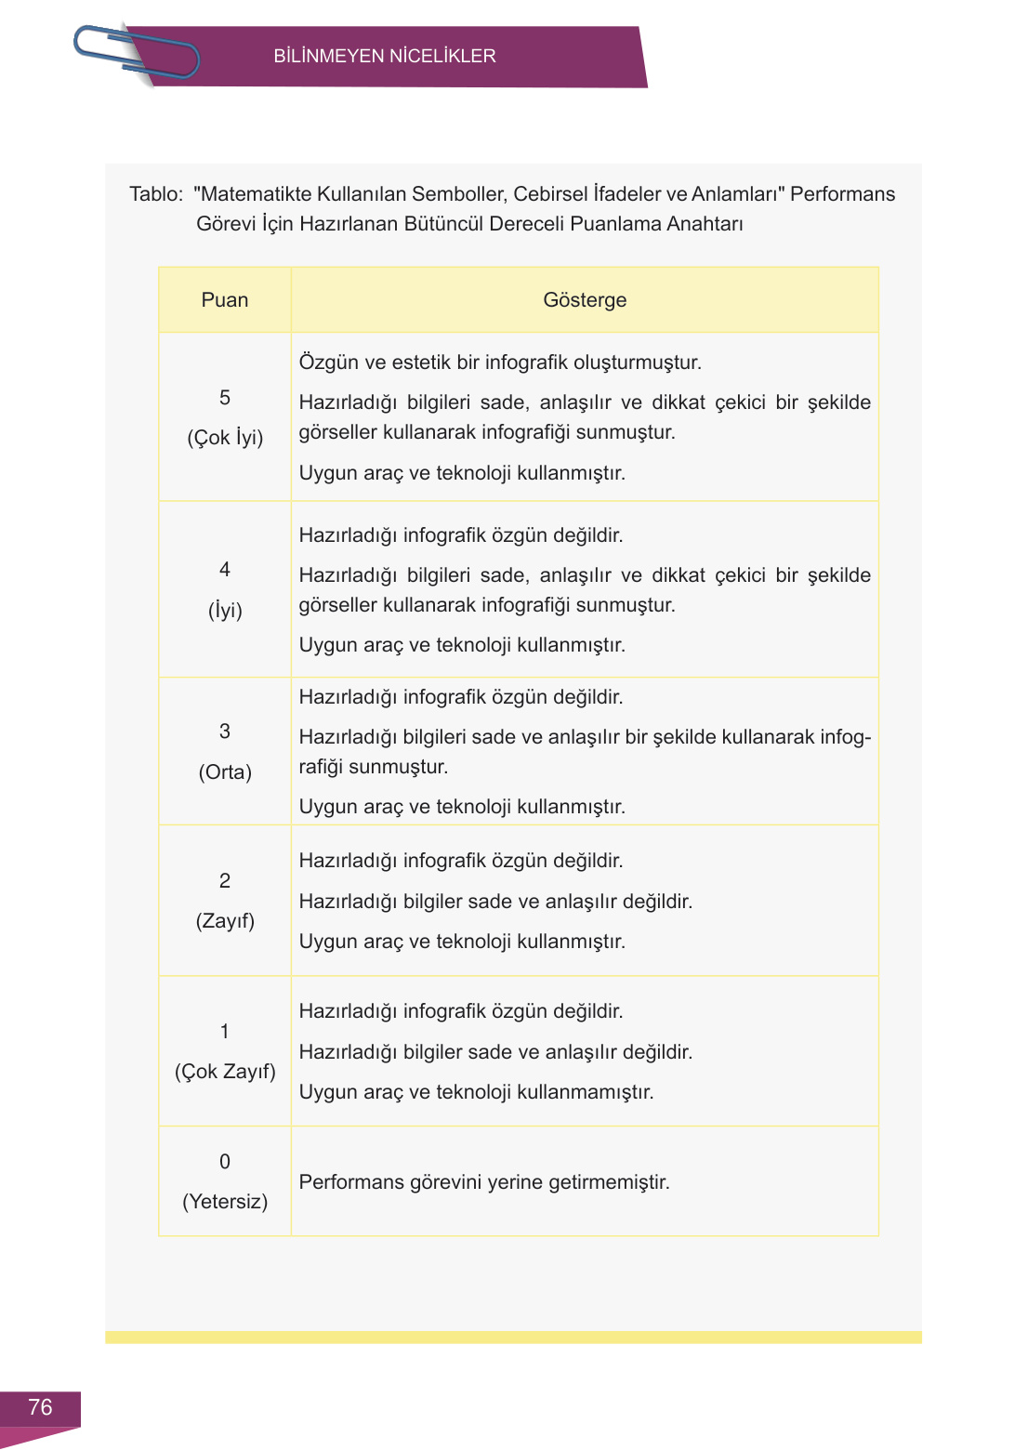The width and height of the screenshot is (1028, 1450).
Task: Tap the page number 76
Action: pyautogui.click(x=40, y=1407)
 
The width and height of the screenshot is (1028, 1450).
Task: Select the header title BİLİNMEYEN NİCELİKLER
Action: pyautogui.click(x=384, y=56)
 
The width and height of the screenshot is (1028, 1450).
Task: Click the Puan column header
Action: pyautogui.click(x=225, y=300)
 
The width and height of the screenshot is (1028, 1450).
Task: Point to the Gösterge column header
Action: pyautogui.click(x=585, y=300)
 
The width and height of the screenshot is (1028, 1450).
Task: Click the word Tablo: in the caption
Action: pyautogui.click(x=156, y=194)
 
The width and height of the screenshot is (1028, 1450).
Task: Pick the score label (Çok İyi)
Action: pyautogui.click(x=225, y=438)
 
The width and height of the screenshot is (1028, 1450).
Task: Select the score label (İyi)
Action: pyautogui.click(x=225, y=611)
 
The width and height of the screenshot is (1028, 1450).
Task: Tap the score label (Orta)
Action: pyautogui.click(x=225, y=772)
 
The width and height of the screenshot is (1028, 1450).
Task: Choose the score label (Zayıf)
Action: pyautogui.click(x=225, y=921)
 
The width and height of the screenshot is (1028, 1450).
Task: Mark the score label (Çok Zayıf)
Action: pyautogui.click(x=225, y=1072)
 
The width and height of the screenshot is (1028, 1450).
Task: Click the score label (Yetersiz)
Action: pyautogui.click(x=225, y=1202)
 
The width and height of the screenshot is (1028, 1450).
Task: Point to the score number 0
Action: pyautogui.click(x=225, y=1162)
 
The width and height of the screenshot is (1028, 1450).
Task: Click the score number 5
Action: pyautogui.click(x=225, y=398)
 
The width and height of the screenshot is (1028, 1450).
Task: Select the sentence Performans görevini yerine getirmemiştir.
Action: pyautogui.click(x=484, y=1182)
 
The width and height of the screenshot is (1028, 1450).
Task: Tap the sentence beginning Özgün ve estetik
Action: pyautogui.click(x=500, y=362)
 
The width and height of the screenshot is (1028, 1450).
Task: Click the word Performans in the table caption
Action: pyautogui.click(x=842, y=194)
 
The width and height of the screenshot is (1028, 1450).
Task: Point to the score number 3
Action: pyautogui.click(x=225, y=732)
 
